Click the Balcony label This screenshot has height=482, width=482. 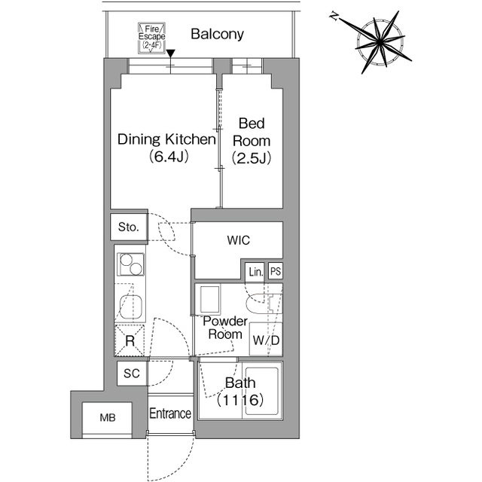tap(217, 34)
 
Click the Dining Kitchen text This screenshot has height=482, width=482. tap(166, 140)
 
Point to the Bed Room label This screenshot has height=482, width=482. tap(251, 140)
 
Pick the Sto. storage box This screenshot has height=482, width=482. tap(129, 227)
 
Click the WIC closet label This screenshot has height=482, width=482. tap(238, 240)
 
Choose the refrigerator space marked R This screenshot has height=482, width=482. tap(130, 340)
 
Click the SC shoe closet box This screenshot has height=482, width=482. tap(131, 374)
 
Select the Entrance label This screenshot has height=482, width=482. tap(170, 413)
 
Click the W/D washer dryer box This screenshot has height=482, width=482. tap(266, 340)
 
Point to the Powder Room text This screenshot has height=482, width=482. tap(225, 328)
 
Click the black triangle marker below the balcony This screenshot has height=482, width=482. tap(172, 53)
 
